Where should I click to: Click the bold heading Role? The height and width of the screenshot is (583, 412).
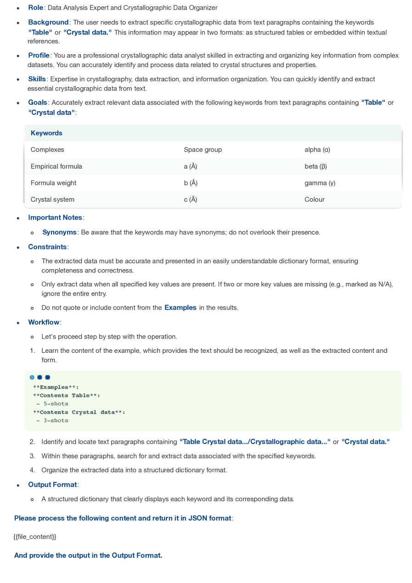(35, 8)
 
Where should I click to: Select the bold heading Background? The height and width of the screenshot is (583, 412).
(48, 23)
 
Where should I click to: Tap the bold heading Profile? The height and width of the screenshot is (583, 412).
(39, 56)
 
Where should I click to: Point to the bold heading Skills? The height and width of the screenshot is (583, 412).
(37, 79)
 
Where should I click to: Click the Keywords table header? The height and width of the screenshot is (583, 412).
(46, 133)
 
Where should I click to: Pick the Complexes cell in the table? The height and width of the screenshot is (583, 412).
(47, 150)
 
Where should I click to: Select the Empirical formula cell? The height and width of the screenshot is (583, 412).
(56, 166)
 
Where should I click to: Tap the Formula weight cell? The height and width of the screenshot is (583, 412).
(53, 183)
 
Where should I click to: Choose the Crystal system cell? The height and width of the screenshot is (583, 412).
(52, 199)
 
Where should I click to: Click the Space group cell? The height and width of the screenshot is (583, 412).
(203, 150)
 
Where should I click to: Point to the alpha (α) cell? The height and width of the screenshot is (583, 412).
(317, 150)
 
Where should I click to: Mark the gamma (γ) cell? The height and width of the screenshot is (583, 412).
(320, 183)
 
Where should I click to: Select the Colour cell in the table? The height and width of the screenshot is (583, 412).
(314, 199)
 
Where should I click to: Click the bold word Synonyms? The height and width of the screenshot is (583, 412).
(59, 232)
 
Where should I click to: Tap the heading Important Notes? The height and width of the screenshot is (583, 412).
(55, 218)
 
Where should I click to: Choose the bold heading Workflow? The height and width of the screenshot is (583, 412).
(44, 323)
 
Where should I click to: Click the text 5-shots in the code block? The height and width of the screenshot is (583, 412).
(56, 404)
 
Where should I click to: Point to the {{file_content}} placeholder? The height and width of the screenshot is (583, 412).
(35, 537)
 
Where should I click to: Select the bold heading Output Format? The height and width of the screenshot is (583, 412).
(52, 485)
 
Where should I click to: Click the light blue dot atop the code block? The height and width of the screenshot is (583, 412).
(32, 378)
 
